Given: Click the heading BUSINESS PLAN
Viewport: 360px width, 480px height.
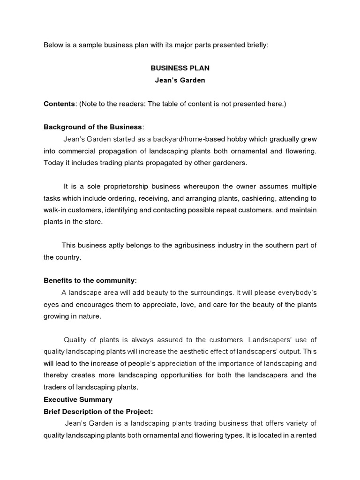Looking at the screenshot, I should [180, 68].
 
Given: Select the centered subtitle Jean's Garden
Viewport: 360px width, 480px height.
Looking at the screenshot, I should [180, 80].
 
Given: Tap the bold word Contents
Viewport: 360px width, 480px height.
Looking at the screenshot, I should [60, 104].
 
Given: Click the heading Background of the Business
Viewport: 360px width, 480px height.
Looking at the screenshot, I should [93, 127].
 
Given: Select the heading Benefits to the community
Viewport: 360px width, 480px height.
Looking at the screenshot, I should [89, 280].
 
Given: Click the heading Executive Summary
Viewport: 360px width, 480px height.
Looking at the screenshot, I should [78, 399].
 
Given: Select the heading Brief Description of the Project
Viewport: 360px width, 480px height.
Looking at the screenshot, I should [97, 411].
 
